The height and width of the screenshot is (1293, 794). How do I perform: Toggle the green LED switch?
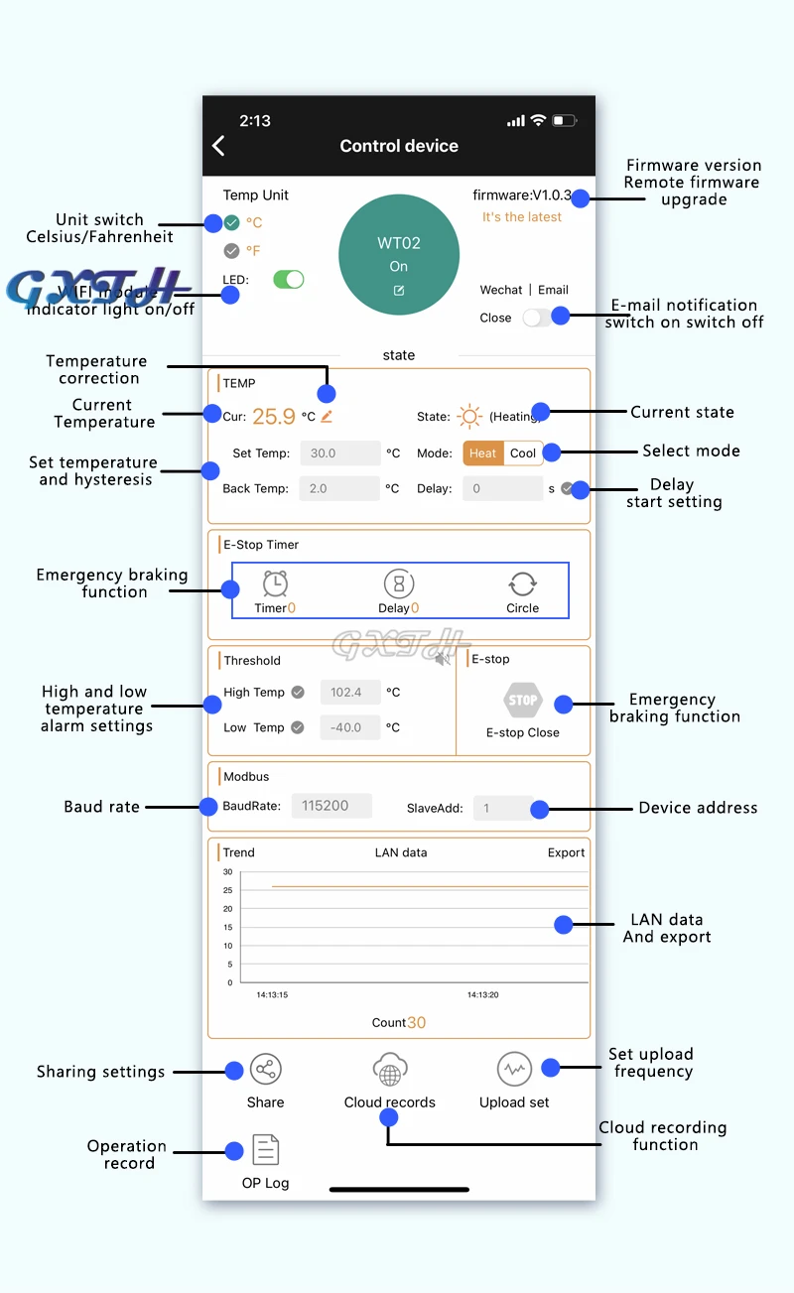(x=288, y=280)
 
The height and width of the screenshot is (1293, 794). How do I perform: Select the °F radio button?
(x=232, y=251)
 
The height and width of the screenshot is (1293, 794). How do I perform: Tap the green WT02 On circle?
(x=398, y=254)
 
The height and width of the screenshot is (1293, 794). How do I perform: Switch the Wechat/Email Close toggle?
(x=537, y=318)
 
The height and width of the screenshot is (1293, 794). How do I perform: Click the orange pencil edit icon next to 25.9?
(x=327, y=417)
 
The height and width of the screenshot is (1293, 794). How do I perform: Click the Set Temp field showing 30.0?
(x=339, y=453)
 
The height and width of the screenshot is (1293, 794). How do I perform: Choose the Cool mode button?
(x=523, y=453)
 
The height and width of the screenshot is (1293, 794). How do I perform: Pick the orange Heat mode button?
(x=483, y=453)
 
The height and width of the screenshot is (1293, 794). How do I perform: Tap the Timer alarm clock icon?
(x=275, y=583)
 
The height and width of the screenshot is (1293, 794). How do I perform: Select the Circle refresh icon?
(x=522, y=583)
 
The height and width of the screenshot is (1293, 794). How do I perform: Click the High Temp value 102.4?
(x=346, y=693)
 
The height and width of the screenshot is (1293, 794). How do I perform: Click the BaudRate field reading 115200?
(x=331, y=806)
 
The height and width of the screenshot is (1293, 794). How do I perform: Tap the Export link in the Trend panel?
(x=566, y=852)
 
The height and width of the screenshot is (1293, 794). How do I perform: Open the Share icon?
(x=265, y=1069)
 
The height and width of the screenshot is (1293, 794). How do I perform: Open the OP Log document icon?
(x=265, y=1150)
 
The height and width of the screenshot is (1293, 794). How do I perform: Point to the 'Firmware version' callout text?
(x=694, y=166)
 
